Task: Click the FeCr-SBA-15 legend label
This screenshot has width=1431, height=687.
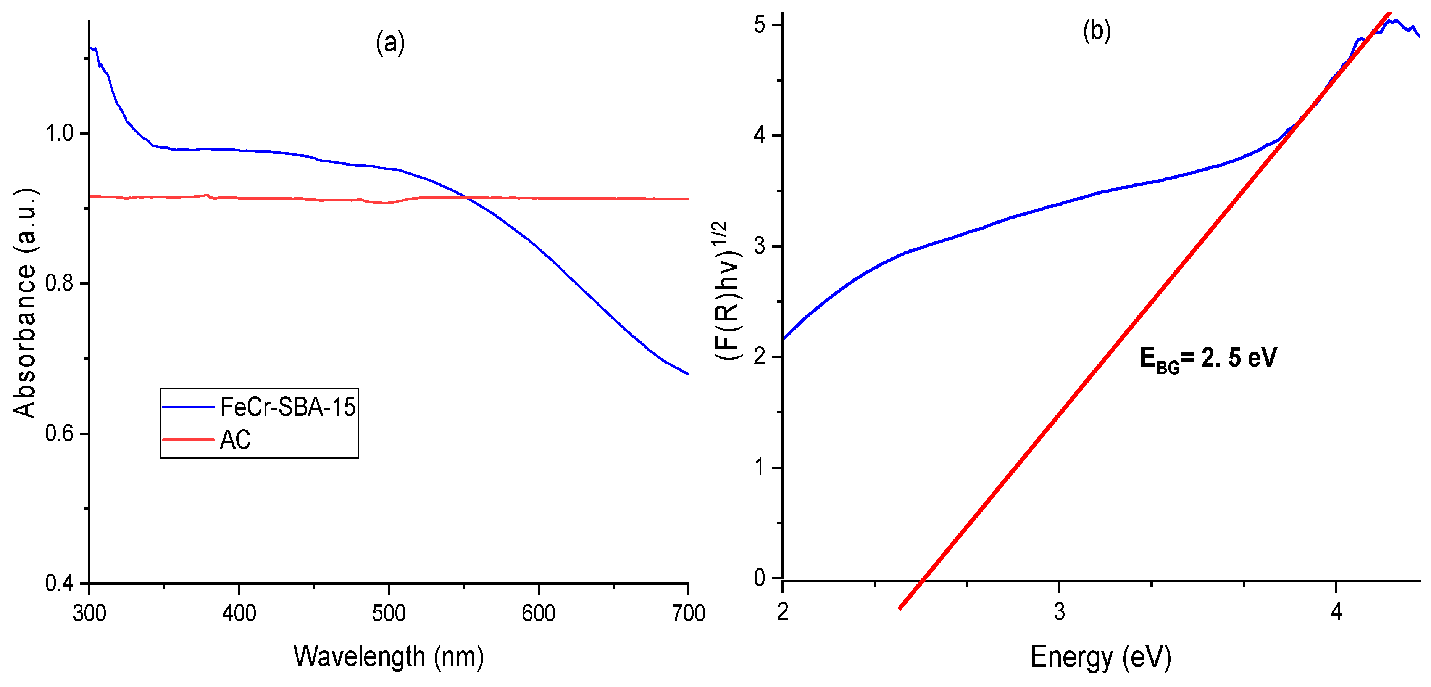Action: click(x=287, y=407)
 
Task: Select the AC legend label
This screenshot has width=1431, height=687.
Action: click(x=235, y=440)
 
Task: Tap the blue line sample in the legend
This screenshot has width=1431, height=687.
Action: click(x=188, y=407)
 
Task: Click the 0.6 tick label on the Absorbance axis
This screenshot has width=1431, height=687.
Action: click(x=60, y=433)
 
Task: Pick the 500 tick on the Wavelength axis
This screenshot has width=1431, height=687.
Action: click(x=388, y=613)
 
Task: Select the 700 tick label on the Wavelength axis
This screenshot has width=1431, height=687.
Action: click(x=688, y=613)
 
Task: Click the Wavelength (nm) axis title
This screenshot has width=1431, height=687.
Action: click(x=388, y=656)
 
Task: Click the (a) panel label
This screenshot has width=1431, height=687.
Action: click(x=390, y=43)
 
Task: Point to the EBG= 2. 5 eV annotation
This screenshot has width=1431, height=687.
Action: click(x=1208, y=358)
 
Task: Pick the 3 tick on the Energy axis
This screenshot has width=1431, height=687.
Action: click(x=1059, y=612)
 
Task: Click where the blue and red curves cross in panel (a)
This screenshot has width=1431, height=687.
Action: click(x=468, y=197)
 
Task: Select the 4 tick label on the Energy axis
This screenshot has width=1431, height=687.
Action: click(x=1336, y=612)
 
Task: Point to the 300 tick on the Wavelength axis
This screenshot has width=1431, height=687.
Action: click(x=89, y=613)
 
